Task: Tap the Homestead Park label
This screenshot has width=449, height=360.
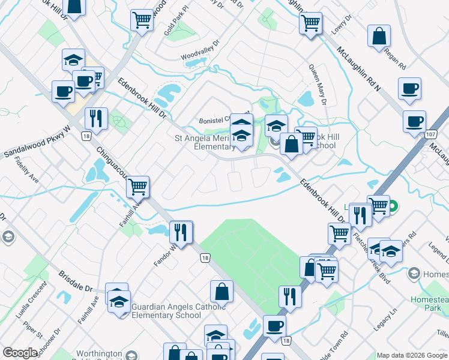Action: [x=429, y=303]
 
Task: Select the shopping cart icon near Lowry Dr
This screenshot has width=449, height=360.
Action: [x=310, y=24]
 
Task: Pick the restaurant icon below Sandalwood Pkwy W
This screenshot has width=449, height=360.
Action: [x=96, y=118]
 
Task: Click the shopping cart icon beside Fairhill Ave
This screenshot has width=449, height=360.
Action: [x=138, y=187]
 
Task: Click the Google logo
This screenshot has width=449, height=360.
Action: [x=20, y=353]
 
